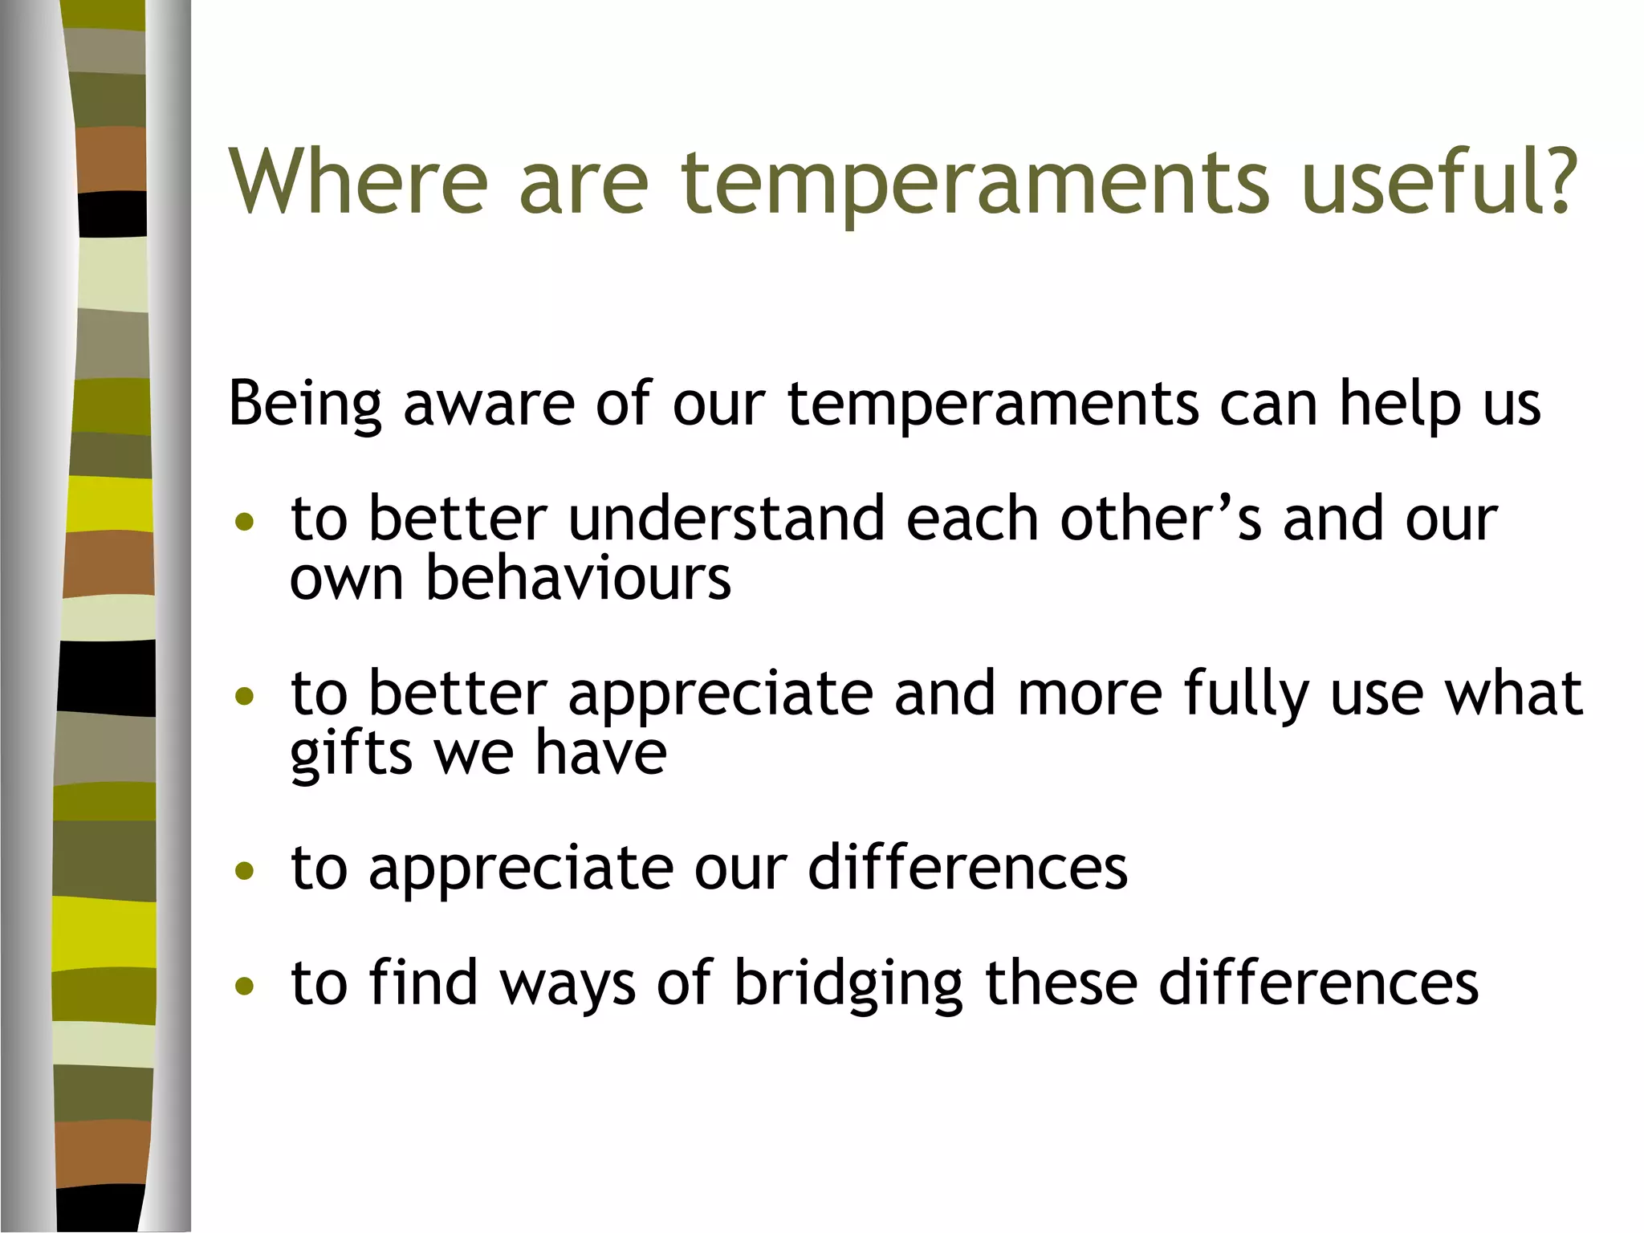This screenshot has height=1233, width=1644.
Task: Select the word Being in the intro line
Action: (x=305, y=404)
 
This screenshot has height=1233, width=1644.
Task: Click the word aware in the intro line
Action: (x=488, y=404)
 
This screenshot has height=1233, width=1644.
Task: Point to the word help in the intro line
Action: (x=1400, y=404)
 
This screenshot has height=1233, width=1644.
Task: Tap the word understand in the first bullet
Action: (x=726, y=519)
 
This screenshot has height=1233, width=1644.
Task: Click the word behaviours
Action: (x=578, y=577)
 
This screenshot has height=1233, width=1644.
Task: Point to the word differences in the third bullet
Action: (x=967, y=868)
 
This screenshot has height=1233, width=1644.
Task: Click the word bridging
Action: (x=848, y=984)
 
